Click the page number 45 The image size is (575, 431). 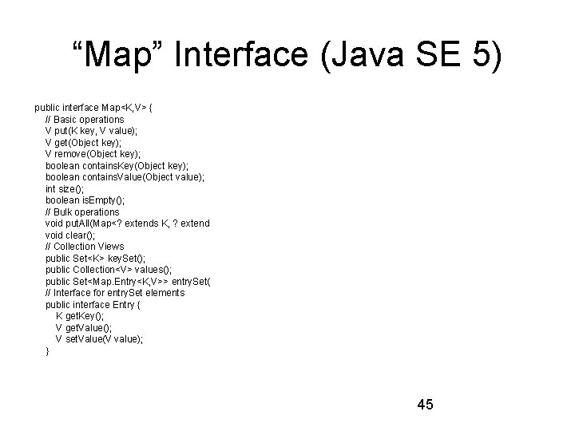[425, 405]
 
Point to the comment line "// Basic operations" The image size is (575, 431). [85, 120]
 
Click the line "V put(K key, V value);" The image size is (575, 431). [91, 131]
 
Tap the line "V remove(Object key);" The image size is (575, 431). [93, 154]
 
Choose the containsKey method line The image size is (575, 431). [117, 166]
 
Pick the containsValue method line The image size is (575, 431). [125, 177]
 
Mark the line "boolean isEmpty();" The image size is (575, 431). [85, 200]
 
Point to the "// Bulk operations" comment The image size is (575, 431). [82, 212]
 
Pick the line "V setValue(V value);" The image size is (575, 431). [100, 339]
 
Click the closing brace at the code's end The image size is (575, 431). [48, 351]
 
